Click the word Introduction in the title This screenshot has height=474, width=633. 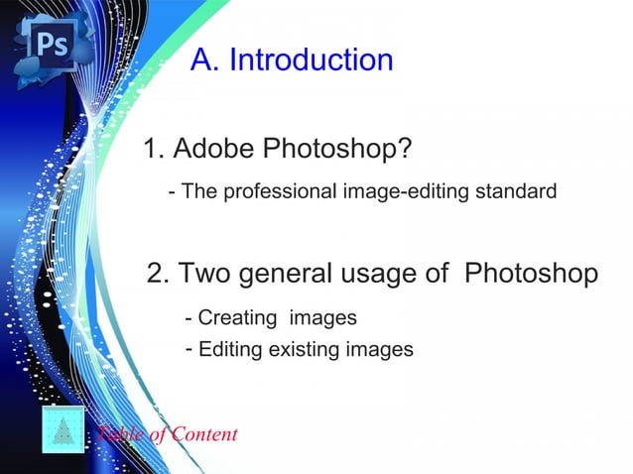[311, 60]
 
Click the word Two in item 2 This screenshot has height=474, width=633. [206, 274]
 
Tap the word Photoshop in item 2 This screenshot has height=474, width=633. [531, 274]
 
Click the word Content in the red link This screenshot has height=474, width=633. [204, 434]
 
